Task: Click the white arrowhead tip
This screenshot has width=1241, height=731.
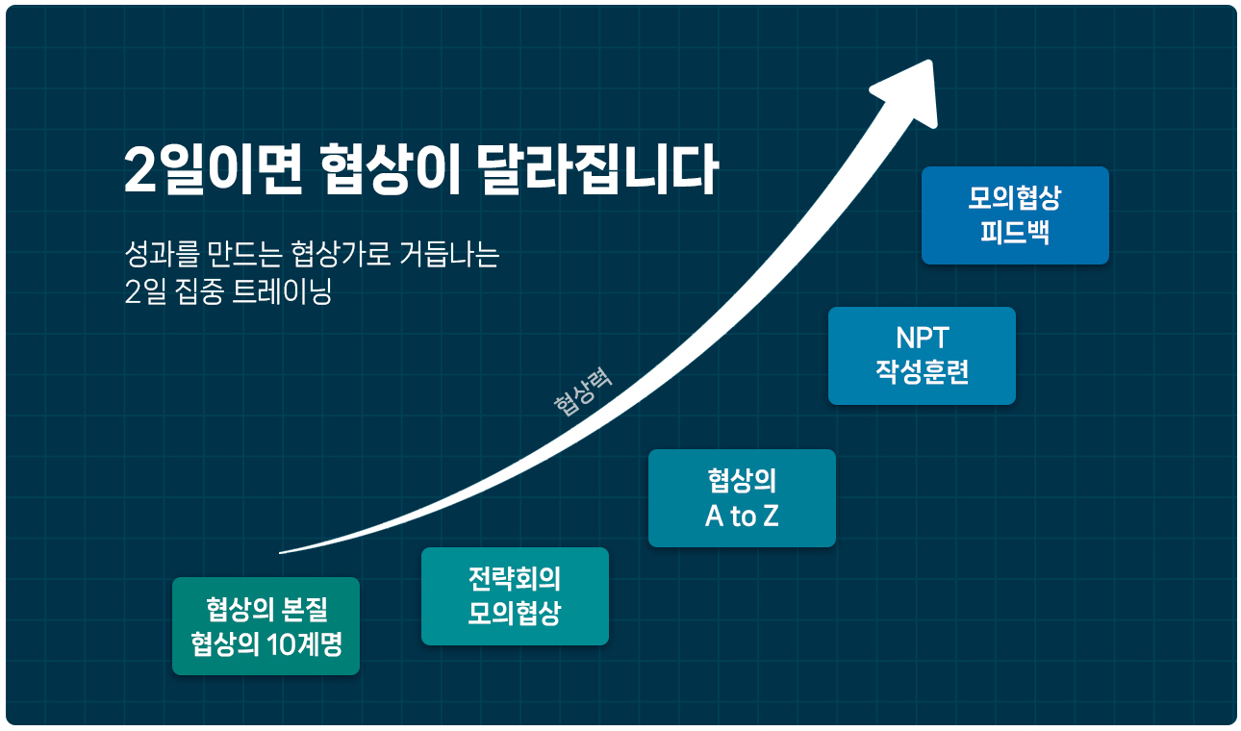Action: tap(931, 61)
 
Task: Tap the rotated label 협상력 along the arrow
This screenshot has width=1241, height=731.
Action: tap(583, 391)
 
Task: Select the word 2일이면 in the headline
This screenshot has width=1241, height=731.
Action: tap(214, 169)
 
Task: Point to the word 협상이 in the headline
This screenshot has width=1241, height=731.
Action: tap(390, 169)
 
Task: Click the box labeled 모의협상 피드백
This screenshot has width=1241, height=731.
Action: tap(1015, 215)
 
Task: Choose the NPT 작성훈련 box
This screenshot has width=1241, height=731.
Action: tap(922, 356)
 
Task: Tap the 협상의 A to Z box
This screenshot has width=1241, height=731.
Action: tap(742, 498)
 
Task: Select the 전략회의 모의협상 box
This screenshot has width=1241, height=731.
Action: tap(515, 596)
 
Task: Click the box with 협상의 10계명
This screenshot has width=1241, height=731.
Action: tap(266, 626)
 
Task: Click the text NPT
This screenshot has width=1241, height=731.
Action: tap(923, 338)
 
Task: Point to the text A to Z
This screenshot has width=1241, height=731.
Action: tap(742, 517)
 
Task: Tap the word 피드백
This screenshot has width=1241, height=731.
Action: tap(1015, 232)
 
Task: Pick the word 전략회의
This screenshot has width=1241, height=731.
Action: tap(515, 579)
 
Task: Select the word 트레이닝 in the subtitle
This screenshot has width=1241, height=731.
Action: tap(281, 290)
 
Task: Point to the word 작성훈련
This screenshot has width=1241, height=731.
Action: tap(923, 371)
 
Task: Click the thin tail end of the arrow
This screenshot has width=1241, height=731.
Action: tap(280, 553)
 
